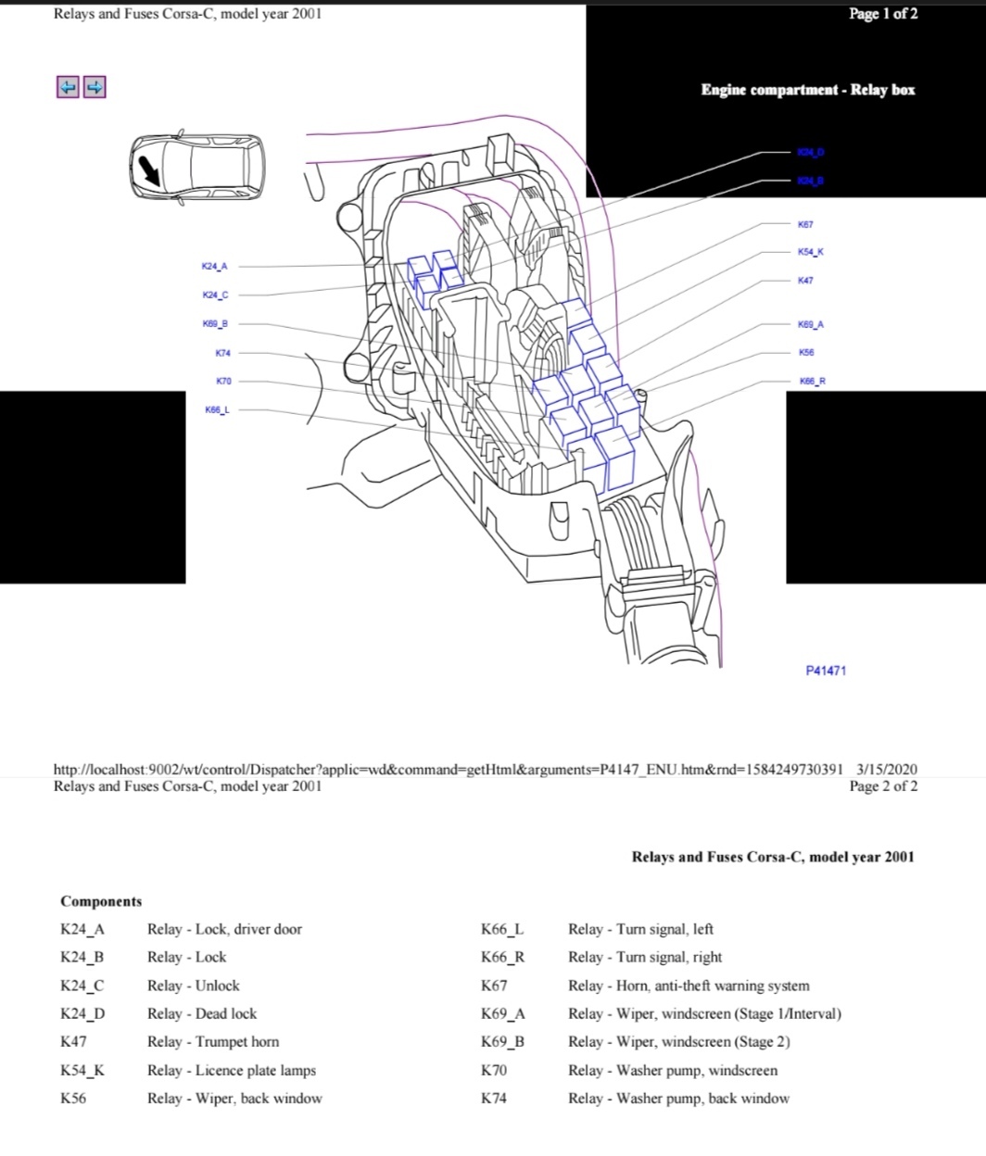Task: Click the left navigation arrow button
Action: coord(68,87)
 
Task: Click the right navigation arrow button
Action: coord(95,87)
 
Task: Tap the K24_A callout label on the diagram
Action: coord(214,267)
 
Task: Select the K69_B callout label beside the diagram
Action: coord(215,324)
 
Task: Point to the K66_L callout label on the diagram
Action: coord(218,409)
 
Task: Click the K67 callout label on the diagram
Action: coord(805,224)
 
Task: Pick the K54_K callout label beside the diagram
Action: coord(810,252)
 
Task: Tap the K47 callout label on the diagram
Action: coord(805,280)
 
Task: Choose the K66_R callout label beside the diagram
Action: coord(812,381)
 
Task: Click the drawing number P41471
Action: coord(826,670)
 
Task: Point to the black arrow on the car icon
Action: coord(148,170)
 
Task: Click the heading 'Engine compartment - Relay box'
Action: coord(807,90)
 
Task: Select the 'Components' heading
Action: coord(101,901)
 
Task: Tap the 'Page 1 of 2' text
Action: coord(883,14)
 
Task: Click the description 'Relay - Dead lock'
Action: coord(202,1013)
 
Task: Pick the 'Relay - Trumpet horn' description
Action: coord(213,1041)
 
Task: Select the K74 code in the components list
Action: coord(494,1098)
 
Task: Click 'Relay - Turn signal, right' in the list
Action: coord(645,957)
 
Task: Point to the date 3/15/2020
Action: coord(887,769)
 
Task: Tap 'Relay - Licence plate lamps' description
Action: coord(232,1070)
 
